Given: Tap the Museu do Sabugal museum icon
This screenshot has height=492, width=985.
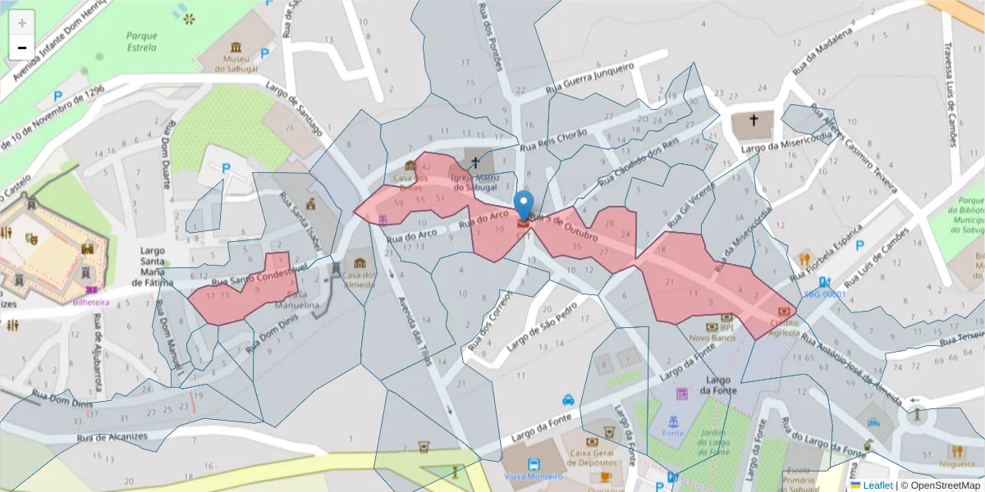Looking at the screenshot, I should click(x=237, y=47).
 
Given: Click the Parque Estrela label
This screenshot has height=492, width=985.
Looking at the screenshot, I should click(x=141, y=42).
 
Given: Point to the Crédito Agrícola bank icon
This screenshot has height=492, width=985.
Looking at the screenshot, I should click(x=785, y=312).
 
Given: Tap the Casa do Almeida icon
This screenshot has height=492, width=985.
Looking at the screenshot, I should click(x=360, y=263).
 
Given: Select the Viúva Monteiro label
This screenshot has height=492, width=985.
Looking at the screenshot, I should click(x=534, y=476).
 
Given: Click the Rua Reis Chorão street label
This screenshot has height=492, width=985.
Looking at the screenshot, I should click(x=555, y=140).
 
